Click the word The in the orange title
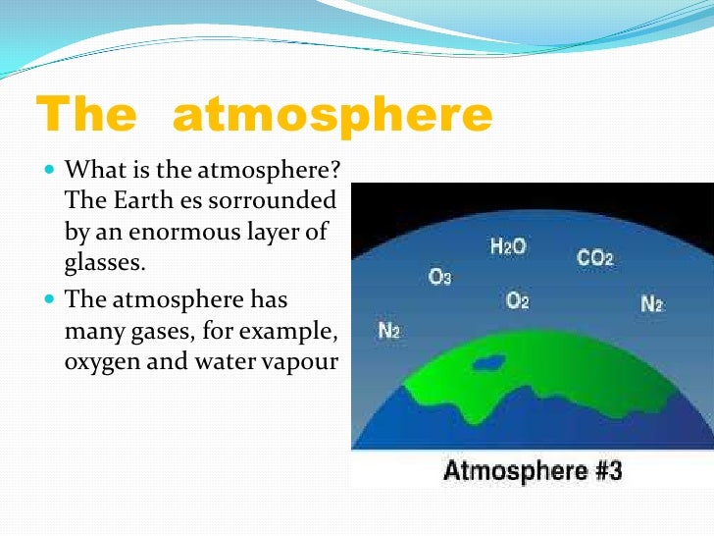[x=85, y=117]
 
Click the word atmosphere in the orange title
[x=331, y=117]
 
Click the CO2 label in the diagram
[x=595, y=259]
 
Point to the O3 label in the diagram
[x=440, y=278]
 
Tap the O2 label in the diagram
[x=518, y=300]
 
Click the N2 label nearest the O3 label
[x=389, y=330]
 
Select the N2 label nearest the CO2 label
[x=653, y=305]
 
